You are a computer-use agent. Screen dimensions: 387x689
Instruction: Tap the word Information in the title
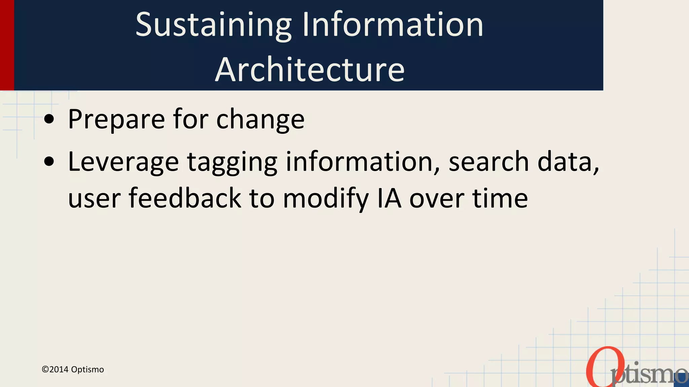(x=393, y=25)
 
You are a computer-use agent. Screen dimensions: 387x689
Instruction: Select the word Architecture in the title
(x=310, y=70)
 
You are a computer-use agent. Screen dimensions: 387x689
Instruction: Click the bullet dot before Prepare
(x=49, y=119)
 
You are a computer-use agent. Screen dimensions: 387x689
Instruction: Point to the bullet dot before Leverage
(x=49, y=162)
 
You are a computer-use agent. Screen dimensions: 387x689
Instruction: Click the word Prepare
(x=116, y=120)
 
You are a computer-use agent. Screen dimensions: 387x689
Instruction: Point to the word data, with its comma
(x=568, y=162)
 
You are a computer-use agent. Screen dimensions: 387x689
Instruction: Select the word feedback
(x=185, y=198)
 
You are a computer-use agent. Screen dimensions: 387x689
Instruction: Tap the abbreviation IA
(x=389, y=198)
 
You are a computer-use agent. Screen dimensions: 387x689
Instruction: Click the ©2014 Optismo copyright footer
(x=73, y=370)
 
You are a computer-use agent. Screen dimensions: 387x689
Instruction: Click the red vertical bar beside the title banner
(x=7, y=45)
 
